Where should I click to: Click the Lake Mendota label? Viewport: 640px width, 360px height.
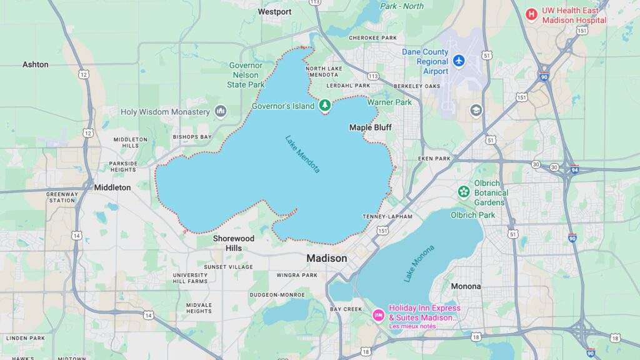pos(302,154)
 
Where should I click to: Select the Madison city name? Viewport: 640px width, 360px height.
pos(326,258)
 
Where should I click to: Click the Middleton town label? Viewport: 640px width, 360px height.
pos(112,187)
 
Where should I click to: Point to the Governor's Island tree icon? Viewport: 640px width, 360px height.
pos(324,106)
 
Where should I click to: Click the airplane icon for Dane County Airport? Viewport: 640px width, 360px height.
pos(459,61)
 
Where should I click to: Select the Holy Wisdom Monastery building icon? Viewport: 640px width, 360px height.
pos(220,112)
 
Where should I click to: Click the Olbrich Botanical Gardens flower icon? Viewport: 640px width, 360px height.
pos(463,191)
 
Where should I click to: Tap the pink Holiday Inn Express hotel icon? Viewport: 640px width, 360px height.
pos(378,314)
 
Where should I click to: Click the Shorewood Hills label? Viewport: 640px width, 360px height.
pos(234,243)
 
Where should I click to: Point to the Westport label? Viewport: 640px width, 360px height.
pos(274,12)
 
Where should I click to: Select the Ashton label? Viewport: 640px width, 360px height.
pos(35,64)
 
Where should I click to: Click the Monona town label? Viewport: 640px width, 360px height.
pos(466,286)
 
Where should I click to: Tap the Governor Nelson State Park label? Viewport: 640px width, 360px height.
pos(246,74)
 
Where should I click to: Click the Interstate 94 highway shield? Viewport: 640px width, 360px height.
pos(574,169)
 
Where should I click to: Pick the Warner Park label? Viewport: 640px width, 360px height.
pos(389,102)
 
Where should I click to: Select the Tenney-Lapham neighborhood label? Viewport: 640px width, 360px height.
pos(384,217)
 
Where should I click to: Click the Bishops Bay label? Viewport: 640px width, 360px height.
pos(192,136)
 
